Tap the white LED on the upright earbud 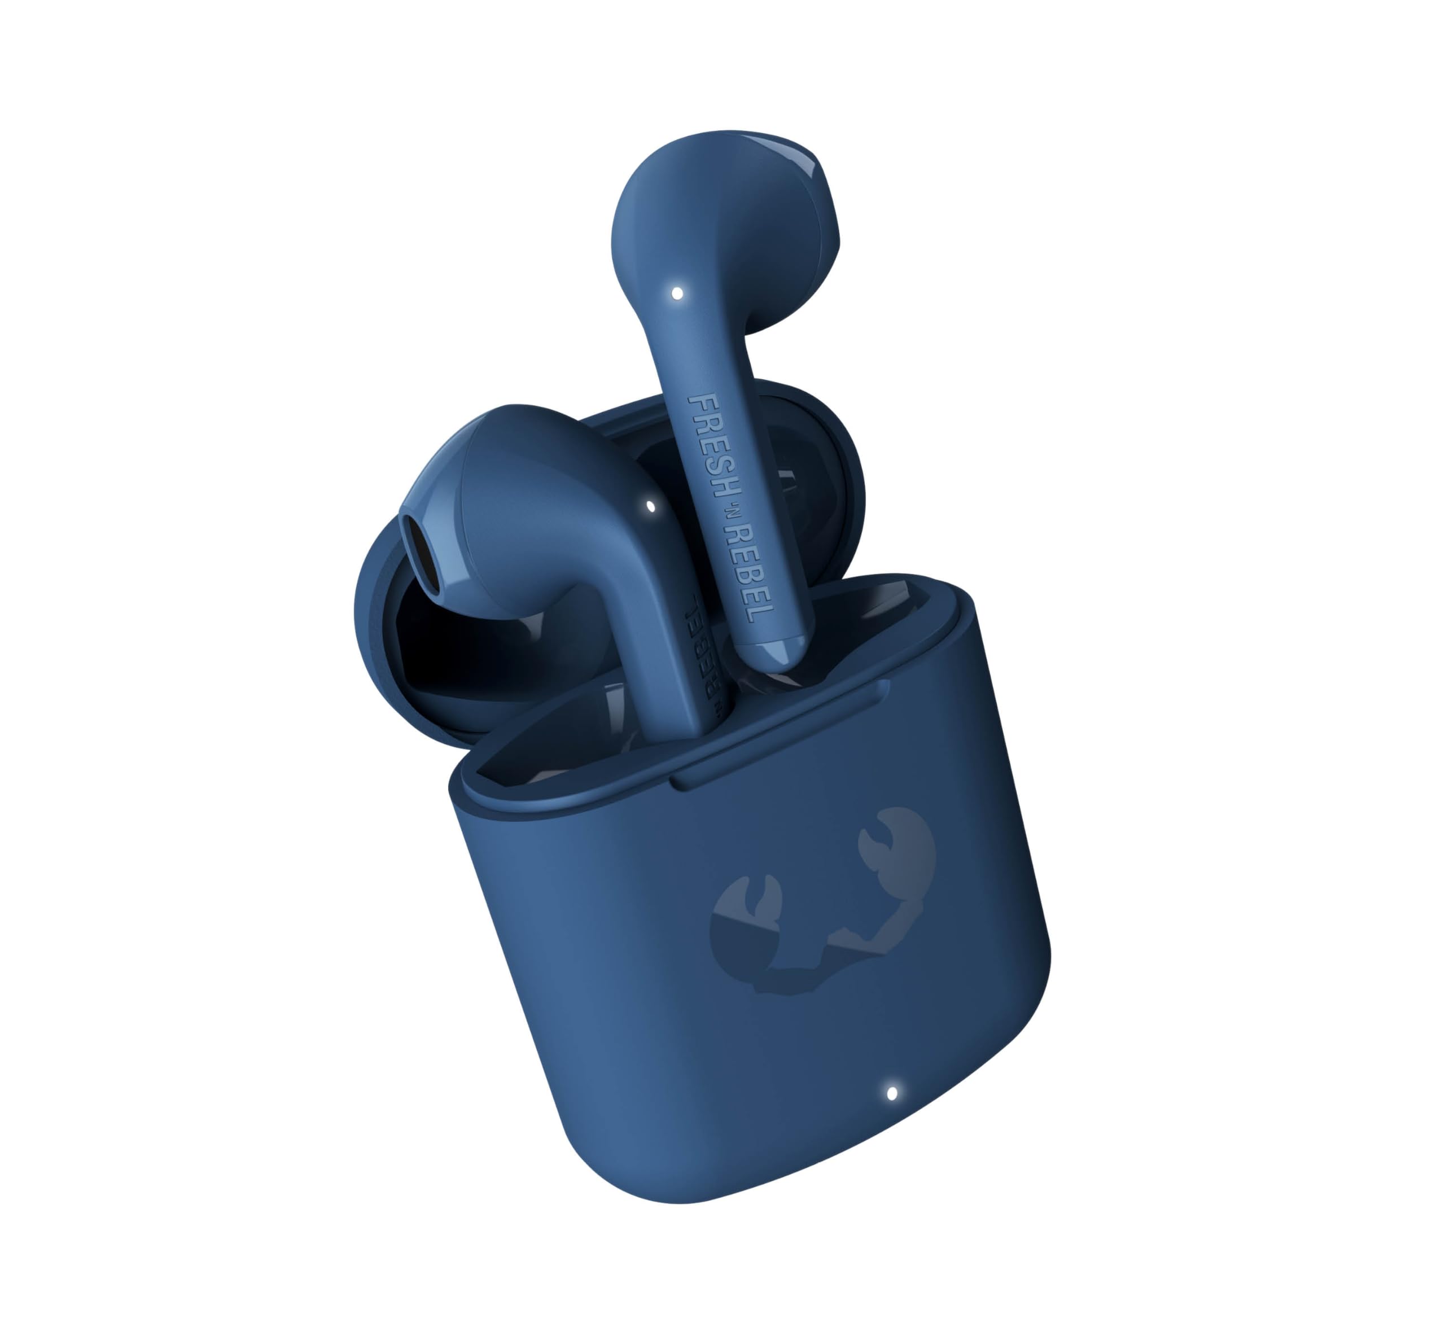coord(677,293)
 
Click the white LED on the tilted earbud coord(651,506)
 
